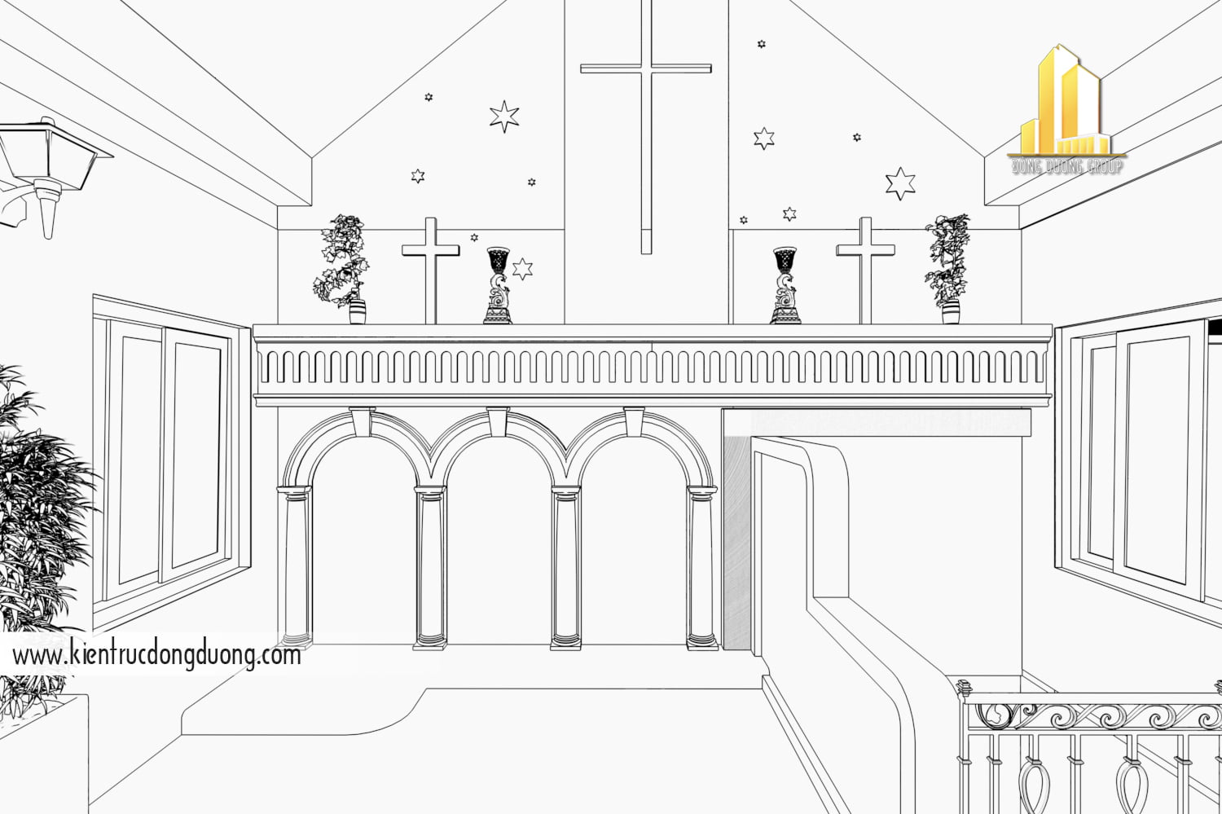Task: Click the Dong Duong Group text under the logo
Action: (x=1067, y=167)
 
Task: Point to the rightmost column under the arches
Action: (x=701, y=566)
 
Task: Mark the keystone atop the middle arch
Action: (x=497, y=421)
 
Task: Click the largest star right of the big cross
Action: (x=900, y=183)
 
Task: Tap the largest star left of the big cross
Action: (x=504, y=117)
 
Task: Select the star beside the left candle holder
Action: (x=522, y=268)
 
